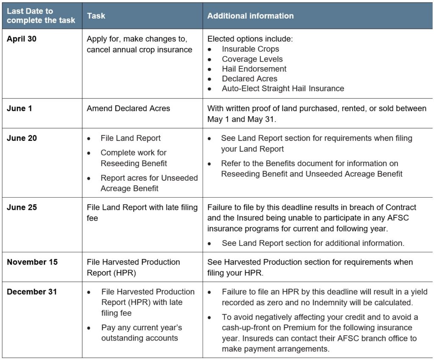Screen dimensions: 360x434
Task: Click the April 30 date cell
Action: (x=22, y=39)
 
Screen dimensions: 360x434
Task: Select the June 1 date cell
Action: (x=19, y=108)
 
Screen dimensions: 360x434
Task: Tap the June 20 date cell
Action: (x=22, y=138)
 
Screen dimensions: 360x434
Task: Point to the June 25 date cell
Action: (x=22, y=207)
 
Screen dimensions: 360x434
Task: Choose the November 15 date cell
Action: (x=32, y=262)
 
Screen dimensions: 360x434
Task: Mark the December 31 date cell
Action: (x=32, y=292)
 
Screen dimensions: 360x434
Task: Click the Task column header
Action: (x=96, y=16)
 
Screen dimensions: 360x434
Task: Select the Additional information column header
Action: (x=250, y=16)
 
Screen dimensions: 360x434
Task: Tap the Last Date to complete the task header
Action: (x=41, y=16)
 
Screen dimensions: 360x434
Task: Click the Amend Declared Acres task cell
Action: (x=128, y=108)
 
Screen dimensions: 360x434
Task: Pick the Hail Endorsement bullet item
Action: (x=254, y=69)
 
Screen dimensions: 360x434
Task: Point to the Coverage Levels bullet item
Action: (x=252, y=59)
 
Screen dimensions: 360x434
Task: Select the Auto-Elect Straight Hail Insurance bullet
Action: (x=283, y=89)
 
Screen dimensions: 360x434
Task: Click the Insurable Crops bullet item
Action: (x=250, y=49)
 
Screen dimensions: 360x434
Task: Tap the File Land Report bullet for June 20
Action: (x=131, y=138)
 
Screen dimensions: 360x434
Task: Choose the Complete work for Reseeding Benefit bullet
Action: (x=134, y=158)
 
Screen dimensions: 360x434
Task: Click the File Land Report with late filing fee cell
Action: (x=142, y=212)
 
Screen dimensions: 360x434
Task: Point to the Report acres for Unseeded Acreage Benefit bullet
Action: (x=149, y=183)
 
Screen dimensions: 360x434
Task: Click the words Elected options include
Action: (x=250, y=39)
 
